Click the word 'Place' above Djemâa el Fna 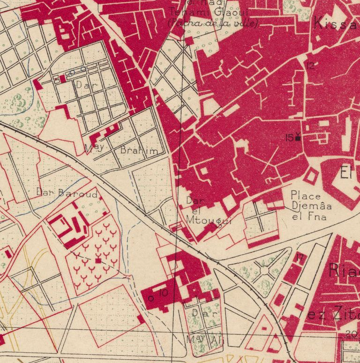click(306, 195)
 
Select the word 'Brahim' click(139, 151)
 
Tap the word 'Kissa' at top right click(336, 23)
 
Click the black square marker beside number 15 click(298, 138)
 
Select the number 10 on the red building click(163, 293)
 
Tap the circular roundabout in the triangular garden click(265, 271)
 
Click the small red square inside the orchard click(98, 260)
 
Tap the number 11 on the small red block click(300, 257)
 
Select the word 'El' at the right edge click(346, 174)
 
